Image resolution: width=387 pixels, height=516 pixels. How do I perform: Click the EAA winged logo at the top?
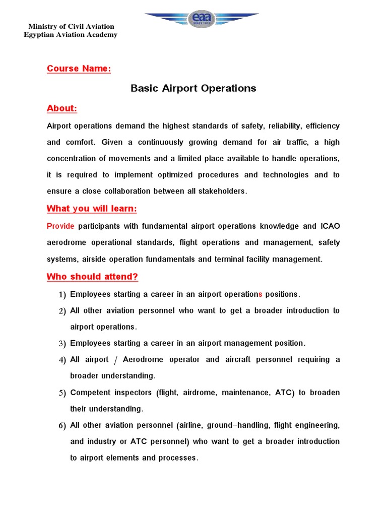(x=202, y=19)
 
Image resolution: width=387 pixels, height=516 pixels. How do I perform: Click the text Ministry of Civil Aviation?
(x=71, y=26)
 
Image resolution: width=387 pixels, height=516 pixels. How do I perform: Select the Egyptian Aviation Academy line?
(x=71, y=35)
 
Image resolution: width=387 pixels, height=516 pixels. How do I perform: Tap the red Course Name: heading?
(x=79, y=69)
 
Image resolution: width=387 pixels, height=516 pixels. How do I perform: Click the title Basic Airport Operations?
(x=193, y=88)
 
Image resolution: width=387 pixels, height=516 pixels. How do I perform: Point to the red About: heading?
(x=62, y=108)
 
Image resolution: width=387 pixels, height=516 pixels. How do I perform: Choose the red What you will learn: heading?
(x=92, y=209)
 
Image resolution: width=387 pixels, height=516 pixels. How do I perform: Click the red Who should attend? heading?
(x=92, y=277)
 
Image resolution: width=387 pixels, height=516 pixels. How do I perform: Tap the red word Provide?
(x=60, y=226)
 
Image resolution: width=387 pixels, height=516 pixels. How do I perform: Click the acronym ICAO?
(x=330, y=226)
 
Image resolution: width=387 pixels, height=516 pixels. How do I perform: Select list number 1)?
(x=62, y=294)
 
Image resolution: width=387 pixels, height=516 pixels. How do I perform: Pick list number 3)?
(x=62, y=344)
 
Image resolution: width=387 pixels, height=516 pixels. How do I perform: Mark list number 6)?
(x=62, y=426)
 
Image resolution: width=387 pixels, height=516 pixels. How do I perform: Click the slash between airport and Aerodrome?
(x=116, y=360)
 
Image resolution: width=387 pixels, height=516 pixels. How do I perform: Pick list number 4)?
(x=62, y=360)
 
